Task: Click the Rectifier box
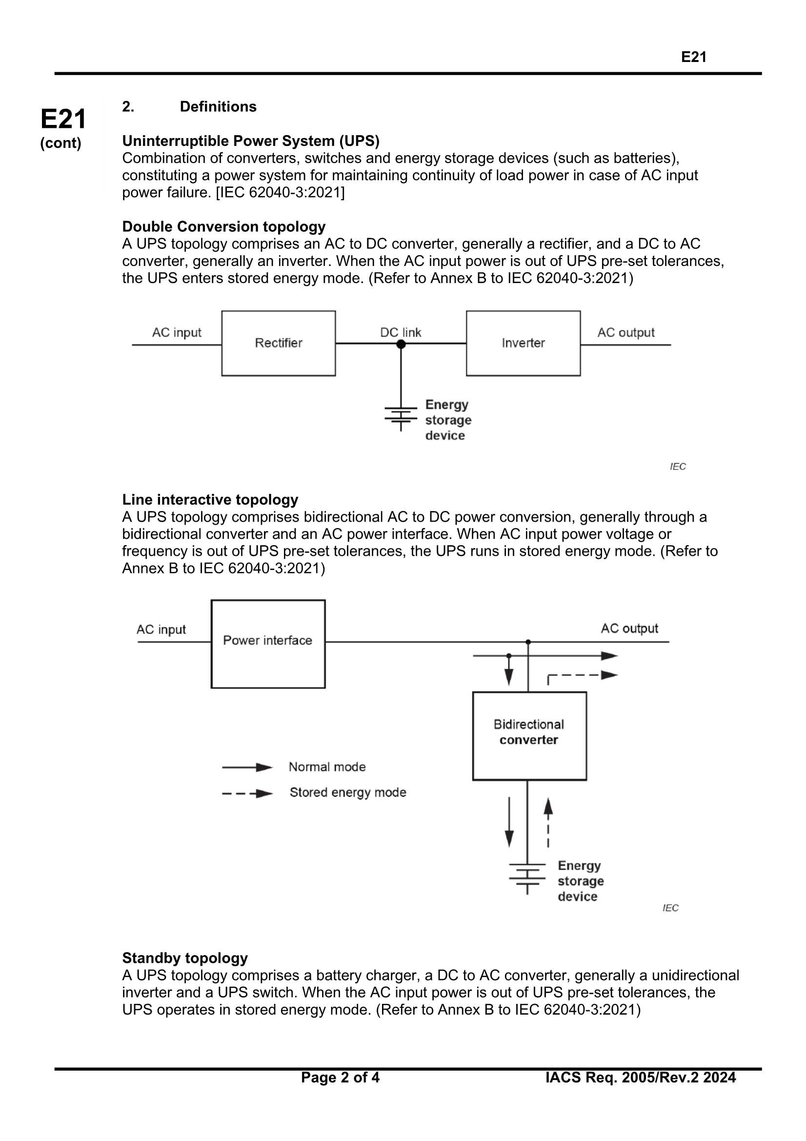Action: (278, 344)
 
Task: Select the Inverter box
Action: (523, 344)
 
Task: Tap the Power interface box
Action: (268, 644)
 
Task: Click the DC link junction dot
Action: (401, 344)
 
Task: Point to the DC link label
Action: (401, 332)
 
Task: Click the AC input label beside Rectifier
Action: (177, 332)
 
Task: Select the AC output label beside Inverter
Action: (625, 332)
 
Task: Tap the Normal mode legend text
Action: (327, 767)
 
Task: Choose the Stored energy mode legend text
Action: (348, 792)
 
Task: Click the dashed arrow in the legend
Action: (247, 794)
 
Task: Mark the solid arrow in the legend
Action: (247, 767)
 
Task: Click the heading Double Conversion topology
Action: (223, 226)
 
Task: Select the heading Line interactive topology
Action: (210, 499)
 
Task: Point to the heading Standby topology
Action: (185, 958)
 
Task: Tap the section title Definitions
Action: (218, 106)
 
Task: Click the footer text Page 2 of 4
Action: (340, 1077)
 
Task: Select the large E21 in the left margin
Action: (63, 119)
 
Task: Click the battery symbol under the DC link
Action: (401, 416)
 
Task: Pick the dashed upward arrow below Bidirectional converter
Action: (548, 822)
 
